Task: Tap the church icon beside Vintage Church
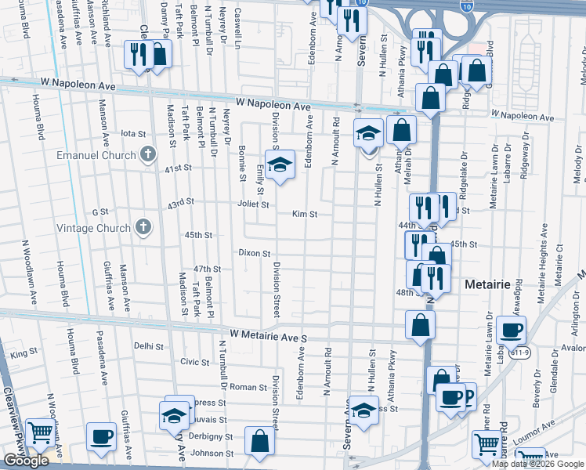(143, 228)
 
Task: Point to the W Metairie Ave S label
(271, 334)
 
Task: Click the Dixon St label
(255, 254)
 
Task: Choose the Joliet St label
(254, 204)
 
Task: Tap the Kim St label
(305, 214)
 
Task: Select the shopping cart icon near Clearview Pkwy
(39, 432)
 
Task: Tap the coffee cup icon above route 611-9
(511, 330)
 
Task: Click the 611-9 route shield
(508, 354)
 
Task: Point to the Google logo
(26, 461)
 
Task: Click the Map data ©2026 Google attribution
(537, 463)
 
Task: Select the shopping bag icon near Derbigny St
(259, 441)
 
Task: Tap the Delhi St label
(148, 345)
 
